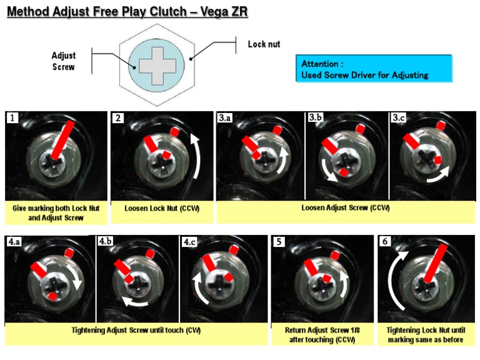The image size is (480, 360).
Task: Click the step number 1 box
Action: click(x=12, y=117)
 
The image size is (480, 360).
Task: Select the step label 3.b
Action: click(x=315, y=117)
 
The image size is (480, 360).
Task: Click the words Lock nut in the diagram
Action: click(x=264, y=44)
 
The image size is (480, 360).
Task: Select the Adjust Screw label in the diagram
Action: click(x=63, y=61)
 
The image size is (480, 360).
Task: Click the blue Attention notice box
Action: click(x=373, y=69)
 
